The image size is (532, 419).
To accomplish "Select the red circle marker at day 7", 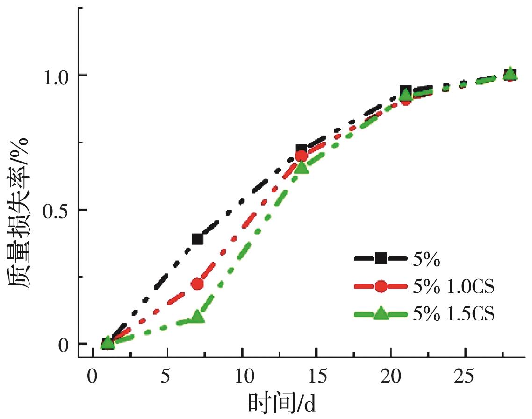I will tap(197, 284).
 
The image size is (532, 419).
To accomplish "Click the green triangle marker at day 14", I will tap(302, 167).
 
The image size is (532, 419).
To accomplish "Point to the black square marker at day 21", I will tap(406, 92).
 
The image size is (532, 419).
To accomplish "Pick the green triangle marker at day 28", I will tap(510, 74).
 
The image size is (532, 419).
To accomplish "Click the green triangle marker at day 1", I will tap(108, 342).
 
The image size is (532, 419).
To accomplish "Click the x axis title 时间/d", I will tap(282, 402).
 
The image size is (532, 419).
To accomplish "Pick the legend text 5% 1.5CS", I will tap(453, 314).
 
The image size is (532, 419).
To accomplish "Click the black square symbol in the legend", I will tap(381, 258).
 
